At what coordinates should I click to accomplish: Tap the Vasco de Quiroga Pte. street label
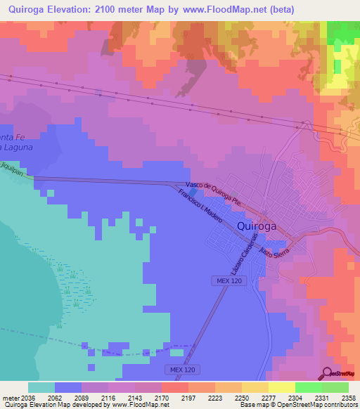214,190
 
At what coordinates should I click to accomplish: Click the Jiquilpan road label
12,171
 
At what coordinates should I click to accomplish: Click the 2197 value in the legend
186,398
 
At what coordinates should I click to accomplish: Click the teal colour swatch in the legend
41,387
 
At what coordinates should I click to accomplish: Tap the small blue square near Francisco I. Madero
193,191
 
